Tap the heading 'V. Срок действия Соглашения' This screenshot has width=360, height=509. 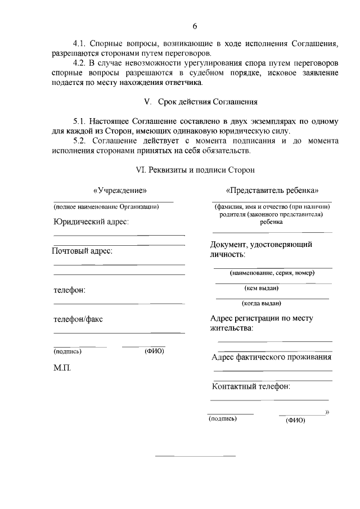[201, 102]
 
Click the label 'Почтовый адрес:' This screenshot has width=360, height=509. [83, 251]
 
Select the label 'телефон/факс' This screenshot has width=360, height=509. [78, 319]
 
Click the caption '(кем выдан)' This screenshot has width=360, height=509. [262, 289]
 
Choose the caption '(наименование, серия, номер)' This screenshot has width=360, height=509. [272, 273]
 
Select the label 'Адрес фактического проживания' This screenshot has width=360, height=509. [271, 357]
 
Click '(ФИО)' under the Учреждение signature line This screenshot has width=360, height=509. [154, 352]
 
